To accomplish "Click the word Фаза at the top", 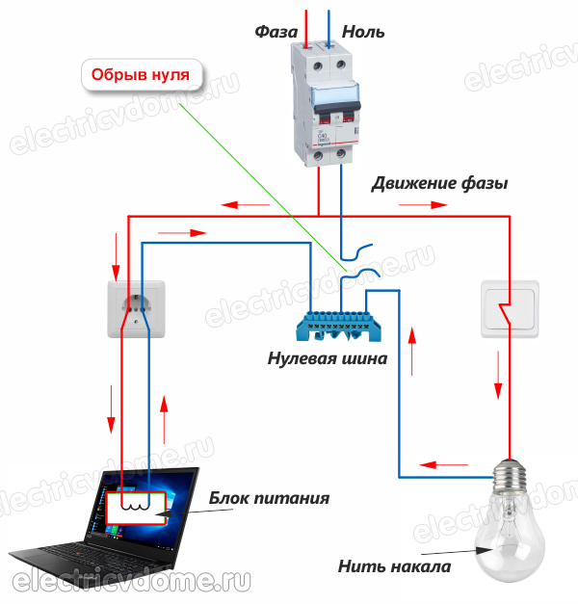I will [x=276, y=32].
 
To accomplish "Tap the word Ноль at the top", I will [x=362, y=32].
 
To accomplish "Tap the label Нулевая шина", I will [x=328, y=359].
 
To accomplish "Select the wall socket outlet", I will [x=136, y=309].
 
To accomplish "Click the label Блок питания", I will [x=270, y=499].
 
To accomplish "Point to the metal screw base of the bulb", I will [x=512, y=475].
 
